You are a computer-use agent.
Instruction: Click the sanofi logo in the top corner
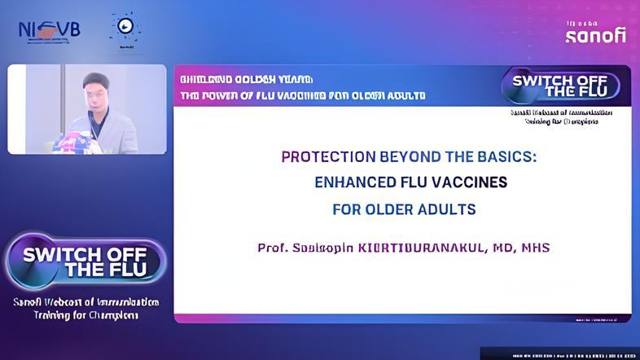tap(595, 33)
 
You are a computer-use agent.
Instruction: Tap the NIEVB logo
tap(49, 31)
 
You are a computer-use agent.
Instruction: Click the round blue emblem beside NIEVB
tap(125, 29)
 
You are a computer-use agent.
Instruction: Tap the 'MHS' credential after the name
tap(533, 247)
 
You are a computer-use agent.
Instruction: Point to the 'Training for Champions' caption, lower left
tap(85, 315)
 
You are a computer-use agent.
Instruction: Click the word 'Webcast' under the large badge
tap(72, 302)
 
